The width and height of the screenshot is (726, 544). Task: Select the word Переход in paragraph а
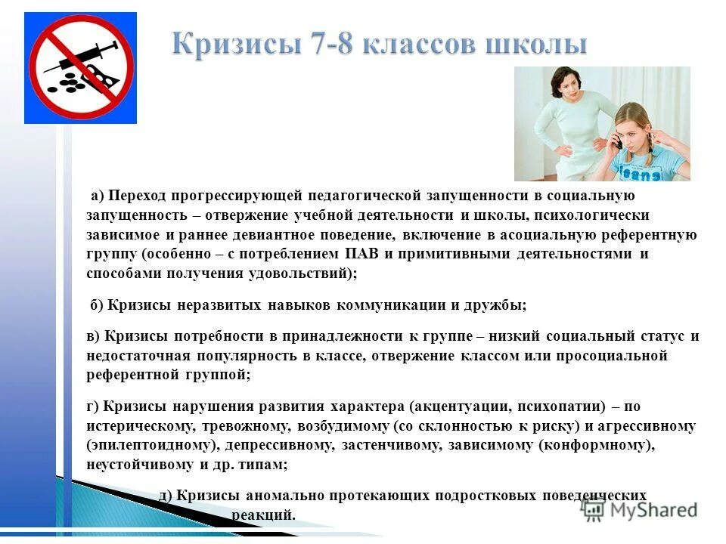[135, 196]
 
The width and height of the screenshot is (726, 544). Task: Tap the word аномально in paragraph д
[287, 496]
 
